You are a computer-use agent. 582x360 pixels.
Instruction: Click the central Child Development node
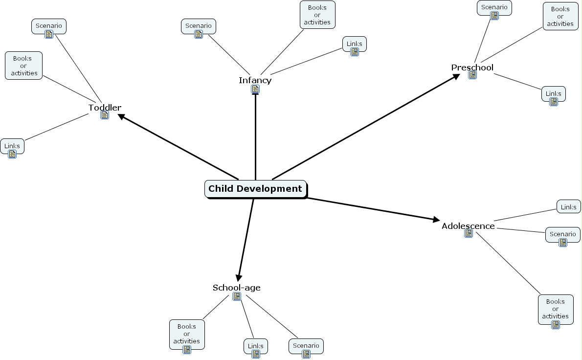pyautogui.click(x=255, y=189)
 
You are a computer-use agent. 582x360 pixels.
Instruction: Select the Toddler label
pyautogui.click(x=105, y=108)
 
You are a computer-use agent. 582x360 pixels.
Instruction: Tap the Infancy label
pyautogui.click(x=255, y=80)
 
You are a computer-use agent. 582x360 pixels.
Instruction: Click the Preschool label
pyautogui.click(x=472, y=67)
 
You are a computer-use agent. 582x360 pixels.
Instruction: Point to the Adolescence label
pyautogui.click(x=468, y=226)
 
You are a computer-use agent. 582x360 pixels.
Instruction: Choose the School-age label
pyautogui.click(x=236, y=288)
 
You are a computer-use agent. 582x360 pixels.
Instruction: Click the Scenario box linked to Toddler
pyautogui.click(x=48, y=26)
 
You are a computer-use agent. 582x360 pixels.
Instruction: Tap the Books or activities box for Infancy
pyautogui.click(x=317, y=15)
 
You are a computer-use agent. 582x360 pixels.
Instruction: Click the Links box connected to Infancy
pyautogui.click(x=354, y=45)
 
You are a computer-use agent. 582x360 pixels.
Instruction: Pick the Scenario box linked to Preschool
pyautogui.click(x=494, y=8)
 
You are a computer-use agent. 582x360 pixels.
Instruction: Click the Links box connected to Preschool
pyautogui.click(x=553, y=94)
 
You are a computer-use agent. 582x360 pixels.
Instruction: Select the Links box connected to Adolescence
pyautogui.click(x=568, y=207)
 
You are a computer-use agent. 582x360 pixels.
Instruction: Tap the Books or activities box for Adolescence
pyautogui.click(x=555, y=310)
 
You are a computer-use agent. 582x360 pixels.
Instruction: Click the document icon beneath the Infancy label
pyautogui.click(x=255, y=90)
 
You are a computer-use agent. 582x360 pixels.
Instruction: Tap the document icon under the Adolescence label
pyautogui.click(x=469, y=234)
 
